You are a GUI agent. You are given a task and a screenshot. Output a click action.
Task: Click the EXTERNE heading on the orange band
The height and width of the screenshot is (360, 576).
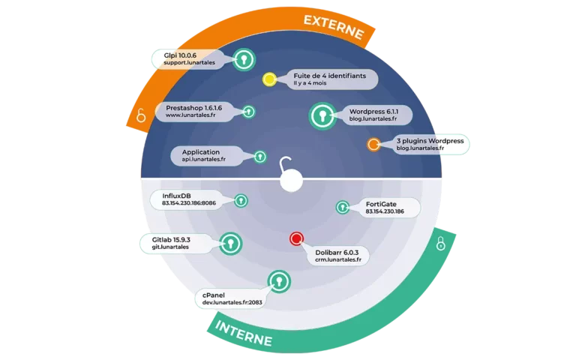click(x=334, y=27)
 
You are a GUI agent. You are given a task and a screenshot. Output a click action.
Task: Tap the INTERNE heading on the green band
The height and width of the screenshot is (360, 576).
click(x=244, y=333)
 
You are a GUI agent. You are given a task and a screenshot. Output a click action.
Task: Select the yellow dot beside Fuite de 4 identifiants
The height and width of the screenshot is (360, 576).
click(x=269, y=79)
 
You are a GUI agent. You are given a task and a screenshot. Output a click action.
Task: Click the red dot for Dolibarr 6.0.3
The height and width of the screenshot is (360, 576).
click(x=296, y=238)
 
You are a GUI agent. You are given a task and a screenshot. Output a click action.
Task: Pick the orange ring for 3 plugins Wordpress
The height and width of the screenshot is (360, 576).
click(x=373, y=144)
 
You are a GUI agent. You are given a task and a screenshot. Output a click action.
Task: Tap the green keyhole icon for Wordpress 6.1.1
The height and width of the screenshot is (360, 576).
click(x=322, y=116)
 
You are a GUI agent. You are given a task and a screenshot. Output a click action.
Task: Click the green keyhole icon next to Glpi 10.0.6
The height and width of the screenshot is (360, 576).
click(x=244, y=59)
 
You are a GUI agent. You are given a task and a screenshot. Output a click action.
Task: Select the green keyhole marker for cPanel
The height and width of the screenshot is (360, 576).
click(x=279, y=281)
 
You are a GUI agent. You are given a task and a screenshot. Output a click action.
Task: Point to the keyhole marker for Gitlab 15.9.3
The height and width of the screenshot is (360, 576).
click(x=231, y=244)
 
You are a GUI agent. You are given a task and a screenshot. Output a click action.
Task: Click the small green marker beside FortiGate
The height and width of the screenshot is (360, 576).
click(x=343, y=208)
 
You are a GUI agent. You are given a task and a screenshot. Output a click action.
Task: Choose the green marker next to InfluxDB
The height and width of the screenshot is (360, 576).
click(x=241, y=200)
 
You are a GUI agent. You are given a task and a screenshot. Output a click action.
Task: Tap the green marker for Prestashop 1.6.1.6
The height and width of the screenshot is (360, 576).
click(x=249, y=112)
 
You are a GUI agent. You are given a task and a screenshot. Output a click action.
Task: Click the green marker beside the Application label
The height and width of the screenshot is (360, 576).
click(x=260, y=157)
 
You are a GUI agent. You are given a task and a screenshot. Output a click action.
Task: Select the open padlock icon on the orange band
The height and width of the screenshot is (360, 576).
click(x=141, y=115)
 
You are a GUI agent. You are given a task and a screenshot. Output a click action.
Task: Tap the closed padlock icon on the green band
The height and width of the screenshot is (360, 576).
click(x=441, y=244)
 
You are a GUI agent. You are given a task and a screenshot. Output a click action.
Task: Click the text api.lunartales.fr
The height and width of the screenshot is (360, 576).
click(x=203, y=160)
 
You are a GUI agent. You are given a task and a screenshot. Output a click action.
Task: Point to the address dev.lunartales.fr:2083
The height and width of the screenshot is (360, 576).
click(x=232, y=303)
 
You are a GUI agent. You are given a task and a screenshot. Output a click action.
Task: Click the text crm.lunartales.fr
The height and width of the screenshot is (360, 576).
click(x=338, y=259)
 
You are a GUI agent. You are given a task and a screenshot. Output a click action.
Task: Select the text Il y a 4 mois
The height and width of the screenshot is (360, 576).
click(x=310, y=83)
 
